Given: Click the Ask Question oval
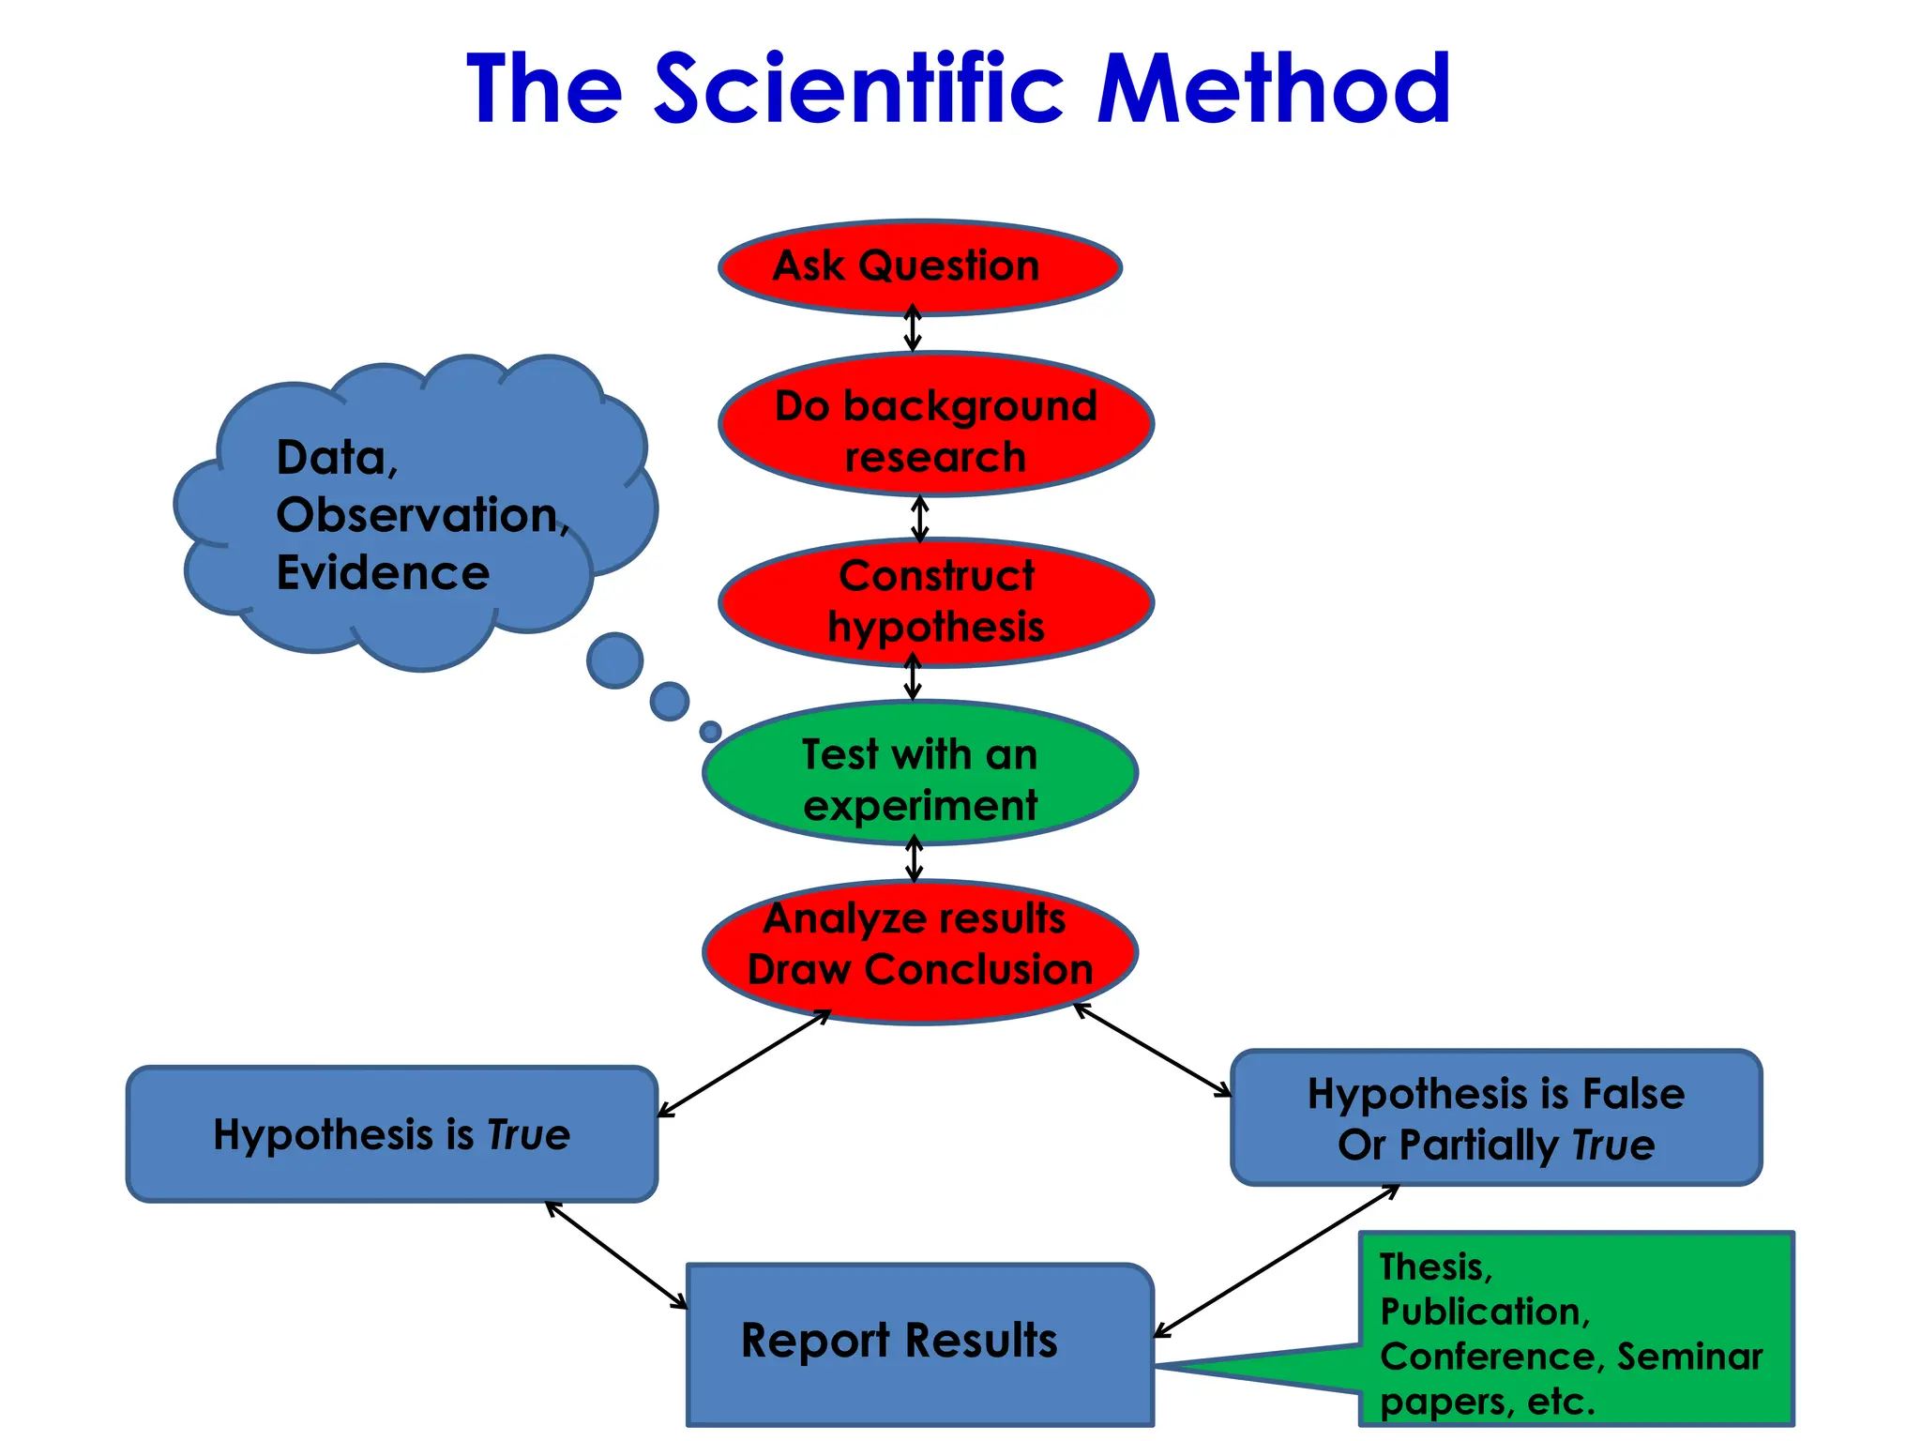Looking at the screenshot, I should [919, 267].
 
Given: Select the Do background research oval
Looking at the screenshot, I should [935, 424].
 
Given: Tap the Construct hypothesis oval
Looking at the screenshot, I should [935, 602].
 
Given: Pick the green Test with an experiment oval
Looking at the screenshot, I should [919, 773].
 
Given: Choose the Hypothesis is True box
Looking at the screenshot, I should [391, 1134].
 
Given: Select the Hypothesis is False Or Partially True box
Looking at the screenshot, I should [1495, 1118].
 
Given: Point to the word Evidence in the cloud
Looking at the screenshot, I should [383, 572].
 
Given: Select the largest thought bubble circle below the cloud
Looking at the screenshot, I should [614, 660].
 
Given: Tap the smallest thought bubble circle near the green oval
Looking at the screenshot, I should [711, 732].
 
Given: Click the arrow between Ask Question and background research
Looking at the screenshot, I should [913, 328].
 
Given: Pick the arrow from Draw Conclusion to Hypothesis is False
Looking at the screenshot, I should [1152, 1049].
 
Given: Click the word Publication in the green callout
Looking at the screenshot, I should [1485, 1312].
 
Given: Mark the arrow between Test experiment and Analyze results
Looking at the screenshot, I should [915, 858].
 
